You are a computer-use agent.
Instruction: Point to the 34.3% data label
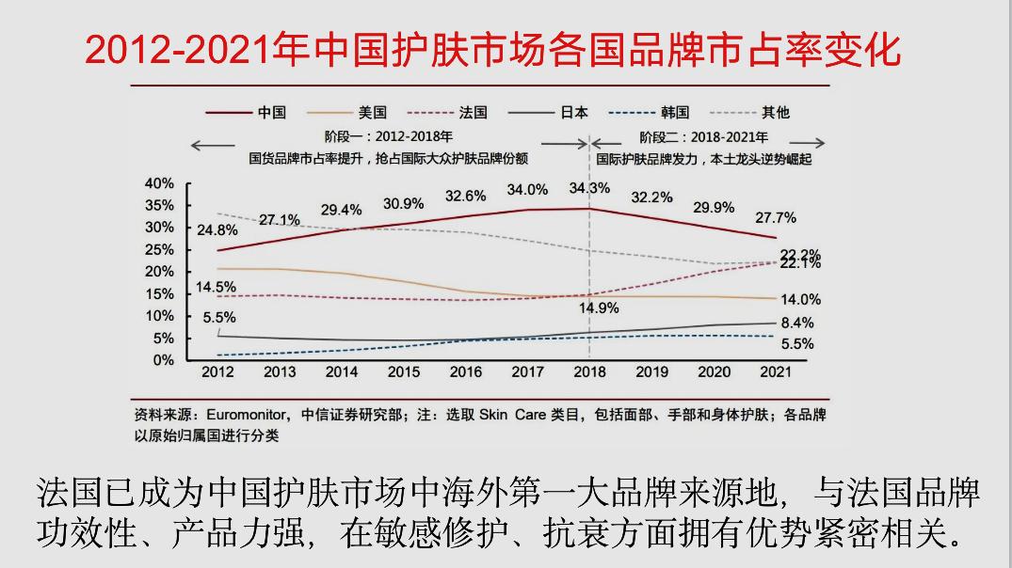tap(588, 188)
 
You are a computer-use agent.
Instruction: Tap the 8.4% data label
tap(796, 323)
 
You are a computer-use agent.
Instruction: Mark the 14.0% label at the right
tap(801, 299)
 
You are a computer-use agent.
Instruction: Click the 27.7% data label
tap(776, 217)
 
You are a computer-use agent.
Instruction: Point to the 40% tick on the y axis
tap(159, 182)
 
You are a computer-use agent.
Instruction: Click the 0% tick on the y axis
tap(164, 359)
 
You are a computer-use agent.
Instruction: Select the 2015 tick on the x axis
tap(403, 372)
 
